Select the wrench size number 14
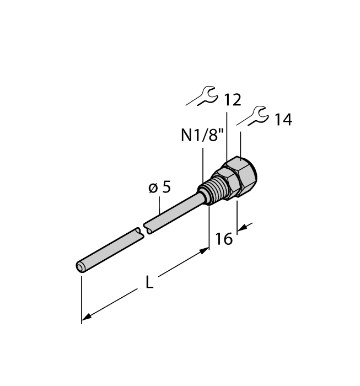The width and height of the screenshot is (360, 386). [x=283, y=120]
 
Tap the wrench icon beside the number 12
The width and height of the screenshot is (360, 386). [x=205, y=96]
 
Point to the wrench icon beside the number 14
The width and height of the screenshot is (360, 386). [x=255, y=115]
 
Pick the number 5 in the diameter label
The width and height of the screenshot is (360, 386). [x=166, y=187]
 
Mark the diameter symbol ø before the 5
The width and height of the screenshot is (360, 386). [x=153, y=189]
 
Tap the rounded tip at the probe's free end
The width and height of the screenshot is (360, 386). [x=80, y=267]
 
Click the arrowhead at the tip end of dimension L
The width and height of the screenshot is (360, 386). [x=86, y=318]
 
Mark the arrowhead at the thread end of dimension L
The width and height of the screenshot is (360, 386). [x=205, y=250]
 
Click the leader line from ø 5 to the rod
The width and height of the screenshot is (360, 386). [x=160, y=207]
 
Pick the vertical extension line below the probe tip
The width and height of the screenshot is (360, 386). [x=82, y=298]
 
